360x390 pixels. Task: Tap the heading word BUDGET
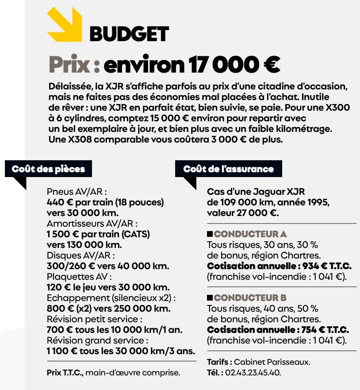[129, 34]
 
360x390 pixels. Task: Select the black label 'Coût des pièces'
[48, 169]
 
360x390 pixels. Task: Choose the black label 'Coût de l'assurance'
[228, 169]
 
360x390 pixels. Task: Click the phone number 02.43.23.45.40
[253, 372]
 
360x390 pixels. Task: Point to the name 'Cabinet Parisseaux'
[272, 362]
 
